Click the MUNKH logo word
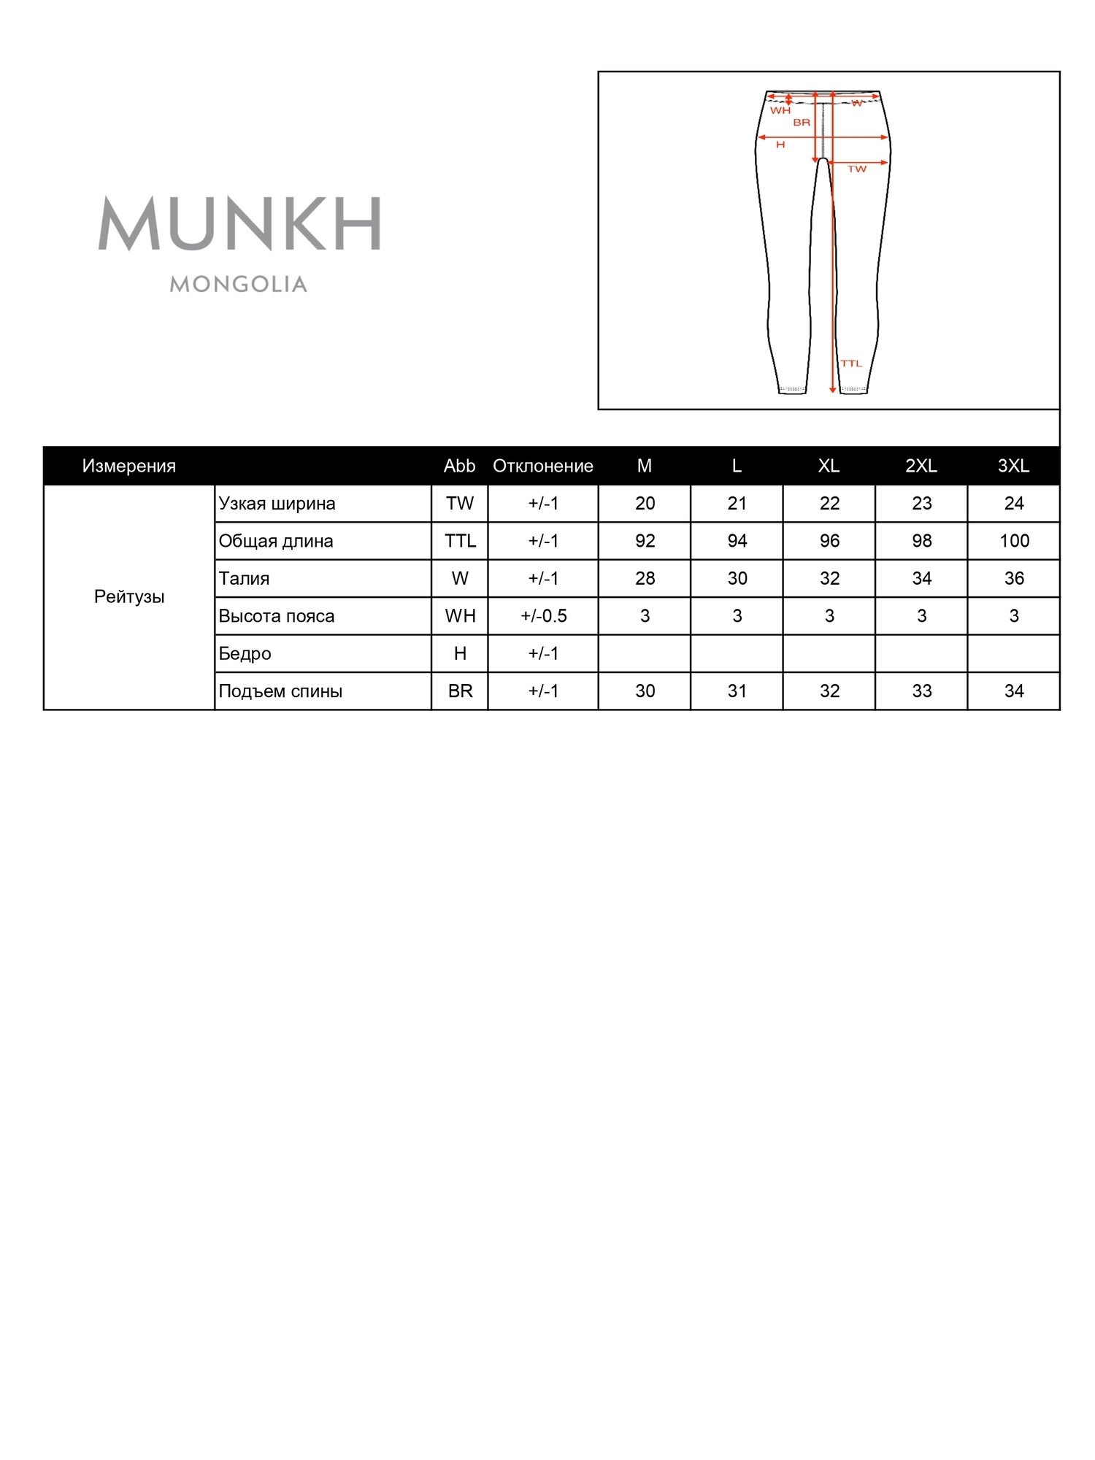[x=239, y=223]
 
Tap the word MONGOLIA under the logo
[x=239, y=284]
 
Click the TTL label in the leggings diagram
[x=851, y=364]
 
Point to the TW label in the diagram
[x=857, y=169]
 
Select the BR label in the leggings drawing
[x=802, y=123]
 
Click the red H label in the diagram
[x=780, y=145]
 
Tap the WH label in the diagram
[x=780, y=111]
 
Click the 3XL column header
[x=1013, y=466]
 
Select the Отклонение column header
[x=543, y=466]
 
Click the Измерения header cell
[x=129, y=466]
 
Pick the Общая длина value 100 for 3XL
[x=1014, y=541]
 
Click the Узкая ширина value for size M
[x=645, y=503]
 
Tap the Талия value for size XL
[x=829, y=578]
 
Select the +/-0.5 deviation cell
[x=543, y=616]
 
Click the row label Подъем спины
[x=280, y=691]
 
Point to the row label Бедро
[x=245, y=653]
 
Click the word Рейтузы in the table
[x=129, y=596]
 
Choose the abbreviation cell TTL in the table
[x=460, y=541]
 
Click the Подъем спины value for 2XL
[x=921, y=691]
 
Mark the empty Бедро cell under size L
[x=737, y=653]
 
